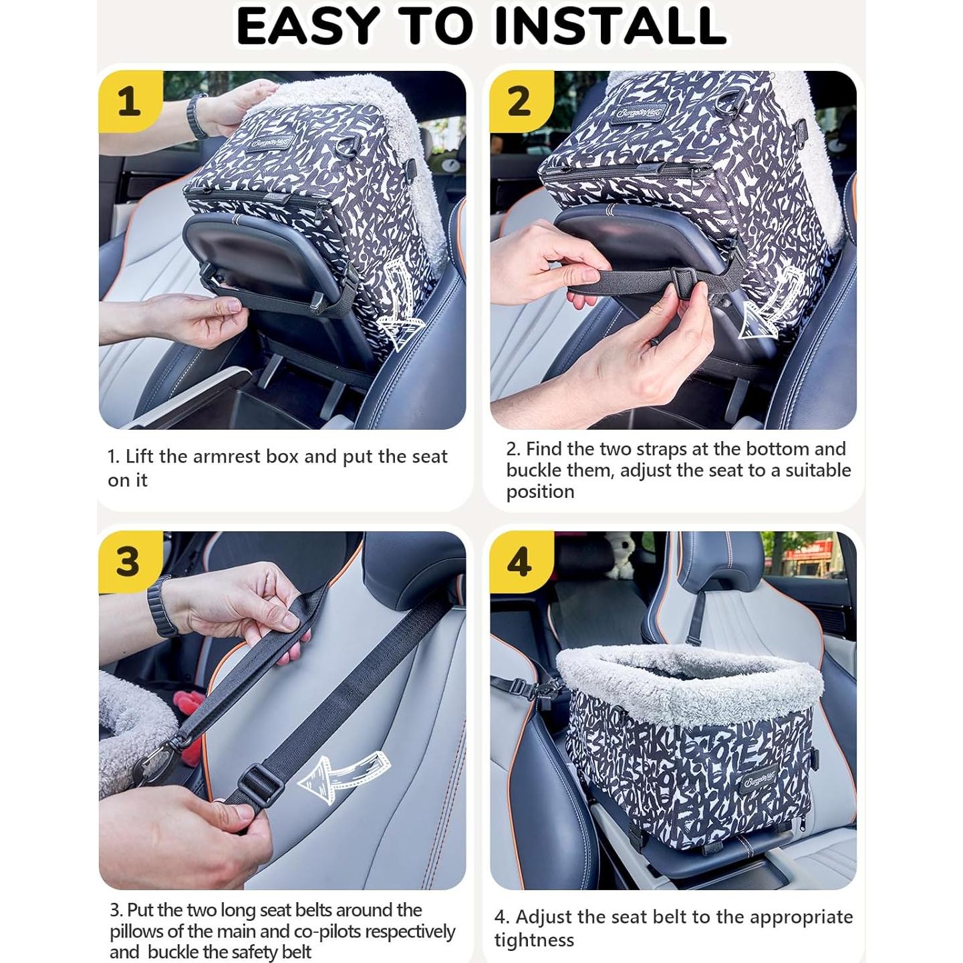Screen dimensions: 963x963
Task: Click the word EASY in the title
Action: click(305, 25)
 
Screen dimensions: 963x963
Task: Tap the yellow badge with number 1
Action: click(129, 102)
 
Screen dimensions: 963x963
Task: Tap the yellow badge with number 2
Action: click(520, 102)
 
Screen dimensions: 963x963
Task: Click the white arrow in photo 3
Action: click(343, 774)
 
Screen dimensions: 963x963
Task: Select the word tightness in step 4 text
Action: click(534, 926)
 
